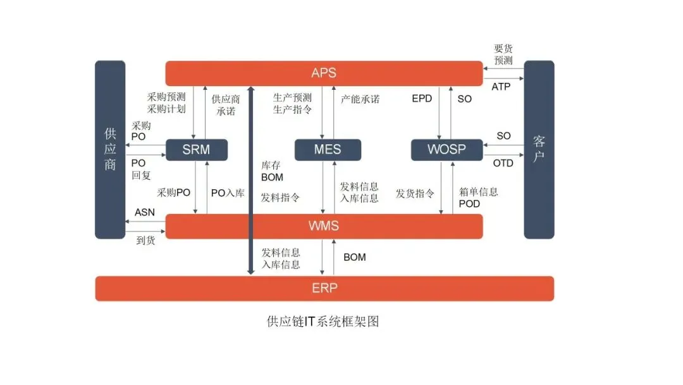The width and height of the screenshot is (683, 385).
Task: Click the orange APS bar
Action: [x=324, y=73]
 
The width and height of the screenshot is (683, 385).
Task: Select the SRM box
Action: [x=196, y=149]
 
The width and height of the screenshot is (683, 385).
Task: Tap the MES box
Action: [x=328, y=149]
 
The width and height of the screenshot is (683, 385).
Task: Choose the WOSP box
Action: [x=446, y=149]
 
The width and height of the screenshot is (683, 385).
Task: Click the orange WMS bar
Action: [x=324, y=226]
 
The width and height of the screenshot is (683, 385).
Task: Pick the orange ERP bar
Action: [x=324, y=288]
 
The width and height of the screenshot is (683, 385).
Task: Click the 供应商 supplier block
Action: [x=110, y=149]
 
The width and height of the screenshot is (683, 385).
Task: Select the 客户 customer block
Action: [x=539, y=149]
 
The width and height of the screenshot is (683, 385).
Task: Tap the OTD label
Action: [x=503, y=163]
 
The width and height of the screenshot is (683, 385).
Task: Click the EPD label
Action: [x=422, y=99]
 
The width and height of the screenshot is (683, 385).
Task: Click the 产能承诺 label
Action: [x=360, y=99]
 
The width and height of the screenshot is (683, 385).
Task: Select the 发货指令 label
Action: [x=415, y=193]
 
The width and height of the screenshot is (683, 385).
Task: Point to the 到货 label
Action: [x=145, y=241]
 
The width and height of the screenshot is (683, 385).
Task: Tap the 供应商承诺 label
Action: [x=226, y=104]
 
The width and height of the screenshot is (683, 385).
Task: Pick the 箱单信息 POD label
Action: [x=479, y=198]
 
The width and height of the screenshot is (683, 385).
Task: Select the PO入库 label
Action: [x=228, y=193]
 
